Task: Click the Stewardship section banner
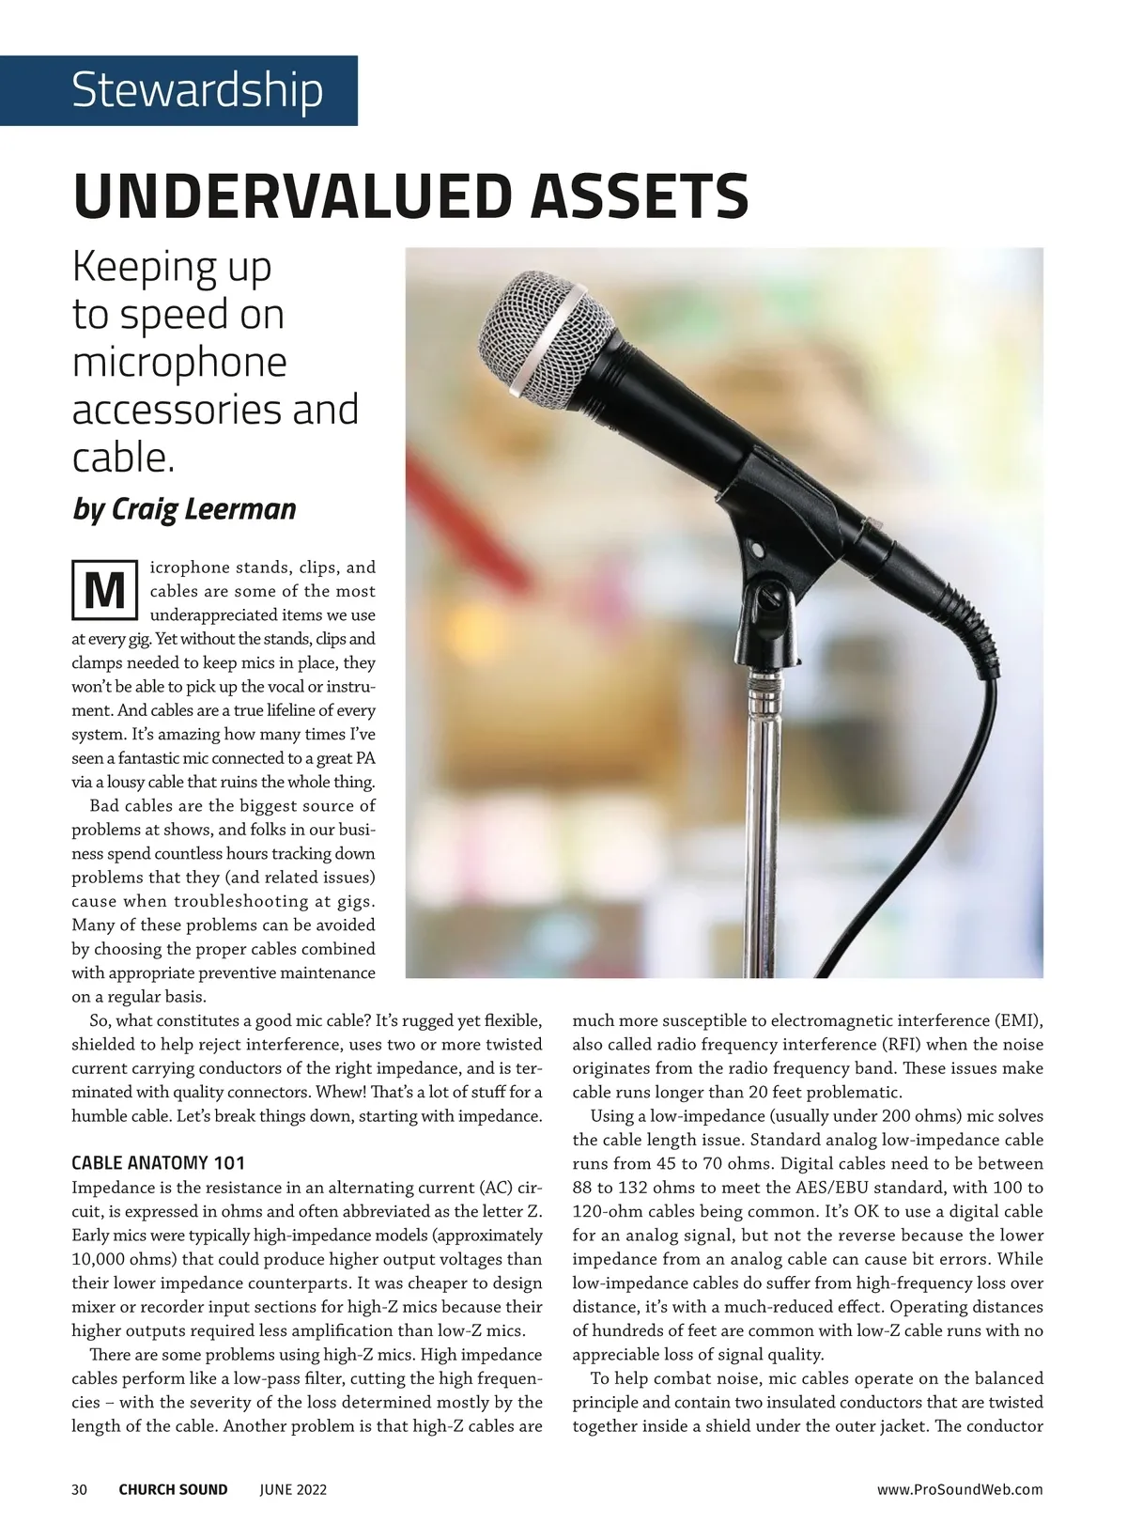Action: (x=196, y=90)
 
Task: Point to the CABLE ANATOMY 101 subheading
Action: (x=159, y=1163)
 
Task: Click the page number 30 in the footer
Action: (x=80, y=1489)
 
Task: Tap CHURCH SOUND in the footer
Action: (x=173, y=1489)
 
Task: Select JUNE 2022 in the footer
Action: (x=293, y=1489)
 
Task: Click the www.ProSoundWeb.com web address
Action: (x=960, y=1489)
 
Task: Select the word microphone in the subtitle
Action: (x=179, y=363)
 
